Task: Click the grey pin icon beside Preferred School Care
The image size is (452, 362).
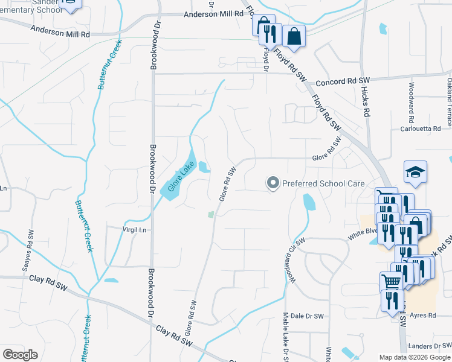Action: coord(273,183)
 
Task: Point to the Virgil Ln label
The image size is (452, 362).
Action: coord(135,230)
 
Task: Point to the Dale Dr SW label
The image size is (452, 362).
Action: coord(305,316)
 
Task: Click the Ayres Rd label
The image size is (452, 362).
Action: coord(423,316)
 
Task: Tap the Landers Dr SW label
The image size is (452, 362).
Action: coord(429,346)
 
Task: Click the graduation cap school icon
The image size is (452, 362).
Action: coord(415,173)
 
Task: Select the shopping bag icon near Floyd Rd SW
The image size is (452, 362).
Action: coord(294,36)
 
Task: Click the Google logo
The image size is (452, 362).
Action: coord(20,355)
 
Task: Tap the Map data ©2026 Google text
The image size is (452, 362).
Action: coord(414,357)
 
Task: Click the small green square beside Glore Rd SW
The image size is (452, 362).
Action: coord(211,214)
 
